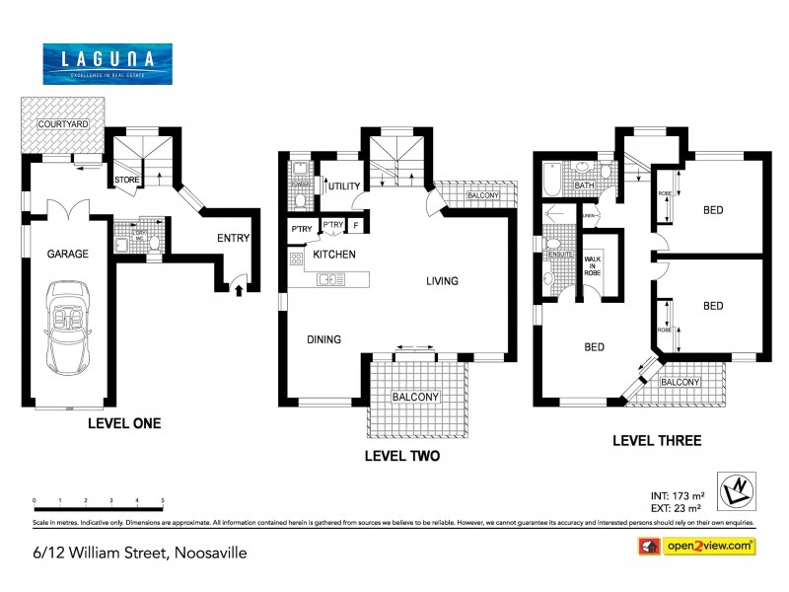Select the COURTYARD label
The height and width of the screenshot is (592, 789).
coord(63,124)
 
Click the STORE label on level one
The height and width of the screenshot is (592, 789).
coord(126,180)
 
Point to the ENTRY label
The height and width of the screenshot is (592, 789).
coord(233,237)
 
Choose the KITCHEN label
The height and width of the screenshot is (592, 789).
coord(334,255)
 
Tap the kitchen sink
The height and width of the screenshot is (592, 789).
coord(329,279)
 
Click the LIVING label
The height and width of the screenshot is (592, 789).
coord(442,281)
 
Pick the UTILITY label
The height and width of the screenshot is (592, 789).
coord(344,185)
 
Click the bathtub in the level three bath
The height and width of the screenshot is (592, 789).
coord(549,179)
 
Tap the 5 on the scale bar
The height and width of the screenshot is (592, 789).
coord(162,500)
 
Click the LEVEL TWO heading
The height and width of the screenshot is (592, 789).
coord(401,457)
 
